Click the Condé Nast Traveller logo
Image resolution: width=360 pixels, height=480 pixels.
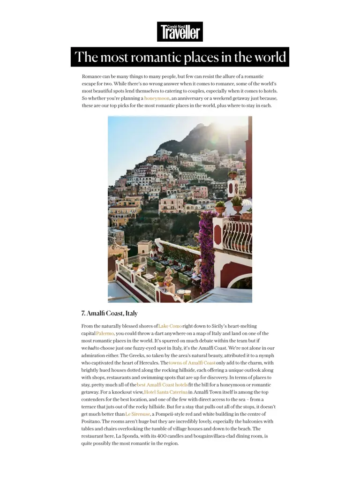point(180,31)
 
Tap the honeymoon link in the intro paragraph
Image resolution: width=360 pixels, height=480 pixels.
point(157,98)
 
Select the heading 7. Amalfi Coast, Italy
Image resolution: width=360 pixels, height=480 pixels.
point(109,313)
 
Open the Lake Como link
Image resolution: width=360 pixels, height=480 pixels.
point(170,326)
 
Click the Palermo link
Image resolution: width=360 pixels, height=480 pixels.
point(105,334)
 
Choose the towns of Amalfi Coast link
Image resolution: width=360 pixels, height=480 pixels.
point(192,363)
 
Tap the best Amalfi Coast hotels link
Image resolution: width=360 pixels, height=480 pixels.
point(162,385)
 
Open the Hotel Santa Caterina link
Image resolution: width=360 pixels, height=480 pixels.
point(166,392)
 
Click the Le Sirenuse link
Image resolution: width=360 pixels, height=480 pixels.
point(137,414)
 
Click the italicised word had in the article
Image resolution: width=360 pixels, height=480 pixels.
point(91,348)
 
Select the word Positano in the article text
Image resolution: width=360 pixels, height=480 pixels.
point(92,421)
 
